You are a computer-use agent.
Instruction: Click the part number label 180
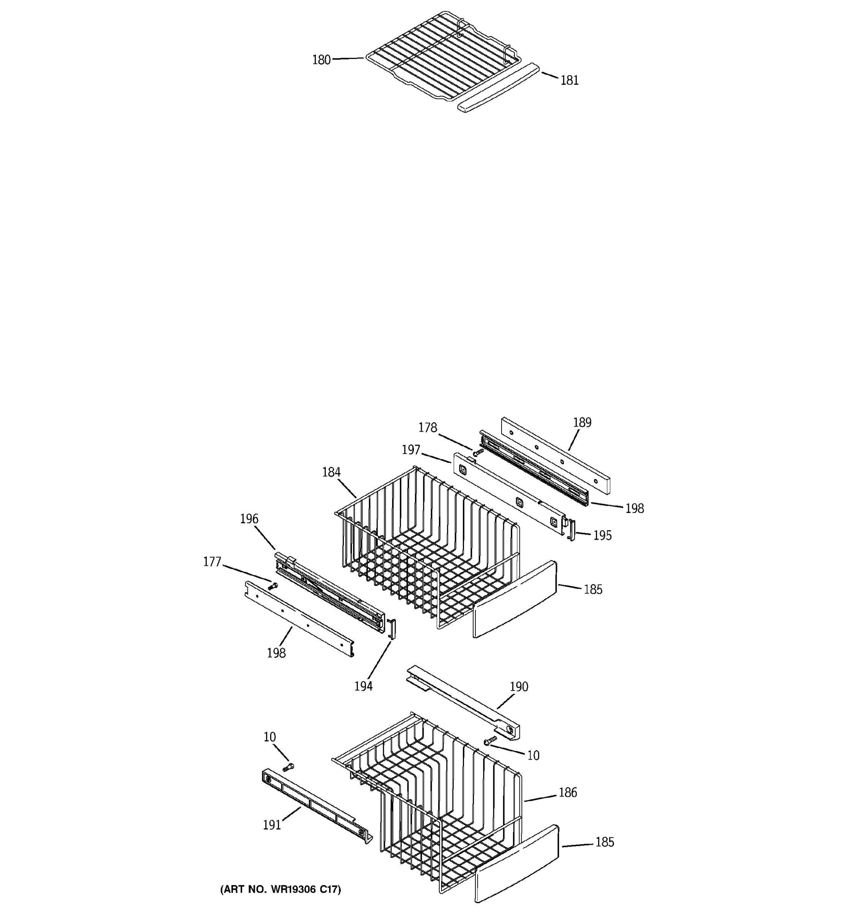(321, 60)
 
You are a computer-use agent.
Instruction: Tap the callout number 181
(569, 80)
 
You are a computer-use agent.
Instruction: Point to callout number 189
(582, 423)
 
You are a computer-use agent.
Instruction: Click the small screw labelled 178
(478, 452)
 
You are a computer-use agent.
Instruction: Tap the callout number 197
(411, 450)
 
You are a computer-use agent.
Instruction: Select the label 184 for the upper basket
(331, 472)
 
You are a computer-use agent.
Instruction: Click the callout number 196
(249, 519)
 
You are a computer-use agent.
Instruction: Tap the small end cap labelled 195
(572, 529)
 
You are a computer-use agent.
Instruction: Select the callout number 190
(519, 687)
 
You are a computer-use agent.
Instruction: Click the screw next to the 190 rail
(490, 740)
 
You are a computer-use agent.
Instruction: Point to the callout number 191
(272, 825)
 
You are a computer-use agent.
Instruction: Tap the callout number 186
(567, 792)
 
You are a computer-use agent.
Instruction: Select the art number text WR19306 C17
(280, 890)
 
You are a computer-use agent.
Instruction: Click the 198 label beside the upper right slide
(634, 508)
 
